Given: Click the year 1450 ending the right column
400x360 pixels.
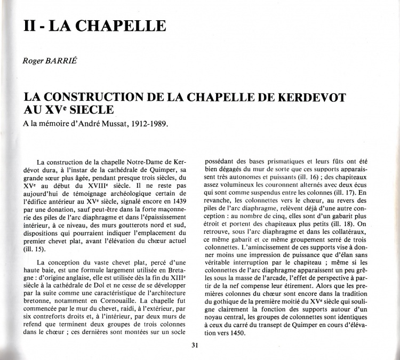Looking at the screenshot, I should click(233, 333).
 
